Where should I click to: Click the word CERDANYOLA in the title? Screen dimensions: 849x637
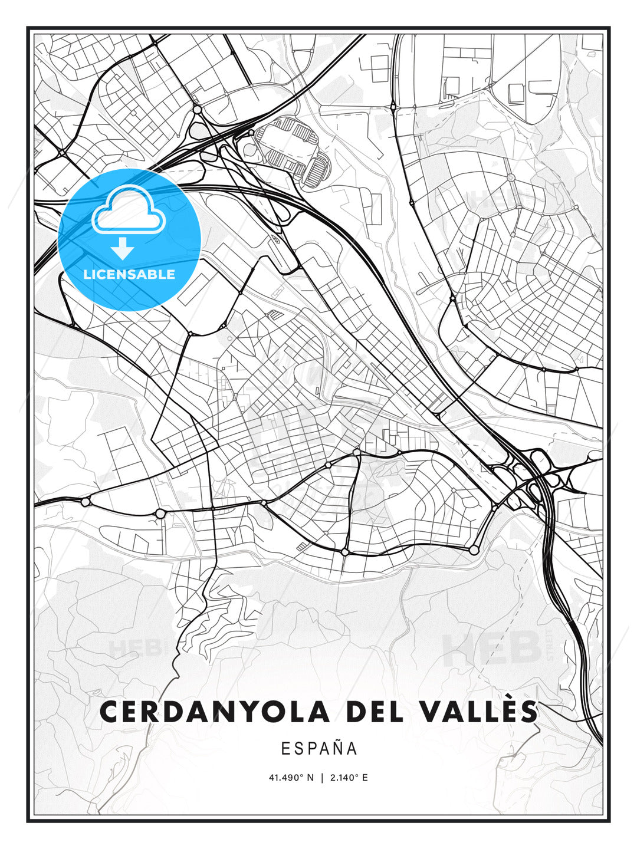coord(214,712)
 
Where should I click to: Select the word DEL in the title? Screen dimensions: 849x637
coord(375,712)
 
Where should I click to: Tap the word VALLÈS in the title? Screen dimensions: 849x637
coord(480,712)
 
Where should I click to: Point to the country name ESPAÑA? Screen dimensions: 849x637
coord(319,748)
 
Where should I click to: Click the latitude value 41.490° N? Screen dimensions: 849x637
coord(291,778)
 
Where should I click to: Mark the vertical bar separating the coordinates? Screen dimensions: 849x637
coord(321,778)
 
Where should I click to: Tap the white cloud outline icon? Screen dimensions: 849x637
coord(127,210)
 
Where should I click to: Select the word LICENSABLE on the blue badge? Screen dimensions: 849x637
coord(129,274)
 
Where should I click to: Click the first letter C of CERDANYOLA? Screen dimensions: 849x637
coord(109,712)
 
